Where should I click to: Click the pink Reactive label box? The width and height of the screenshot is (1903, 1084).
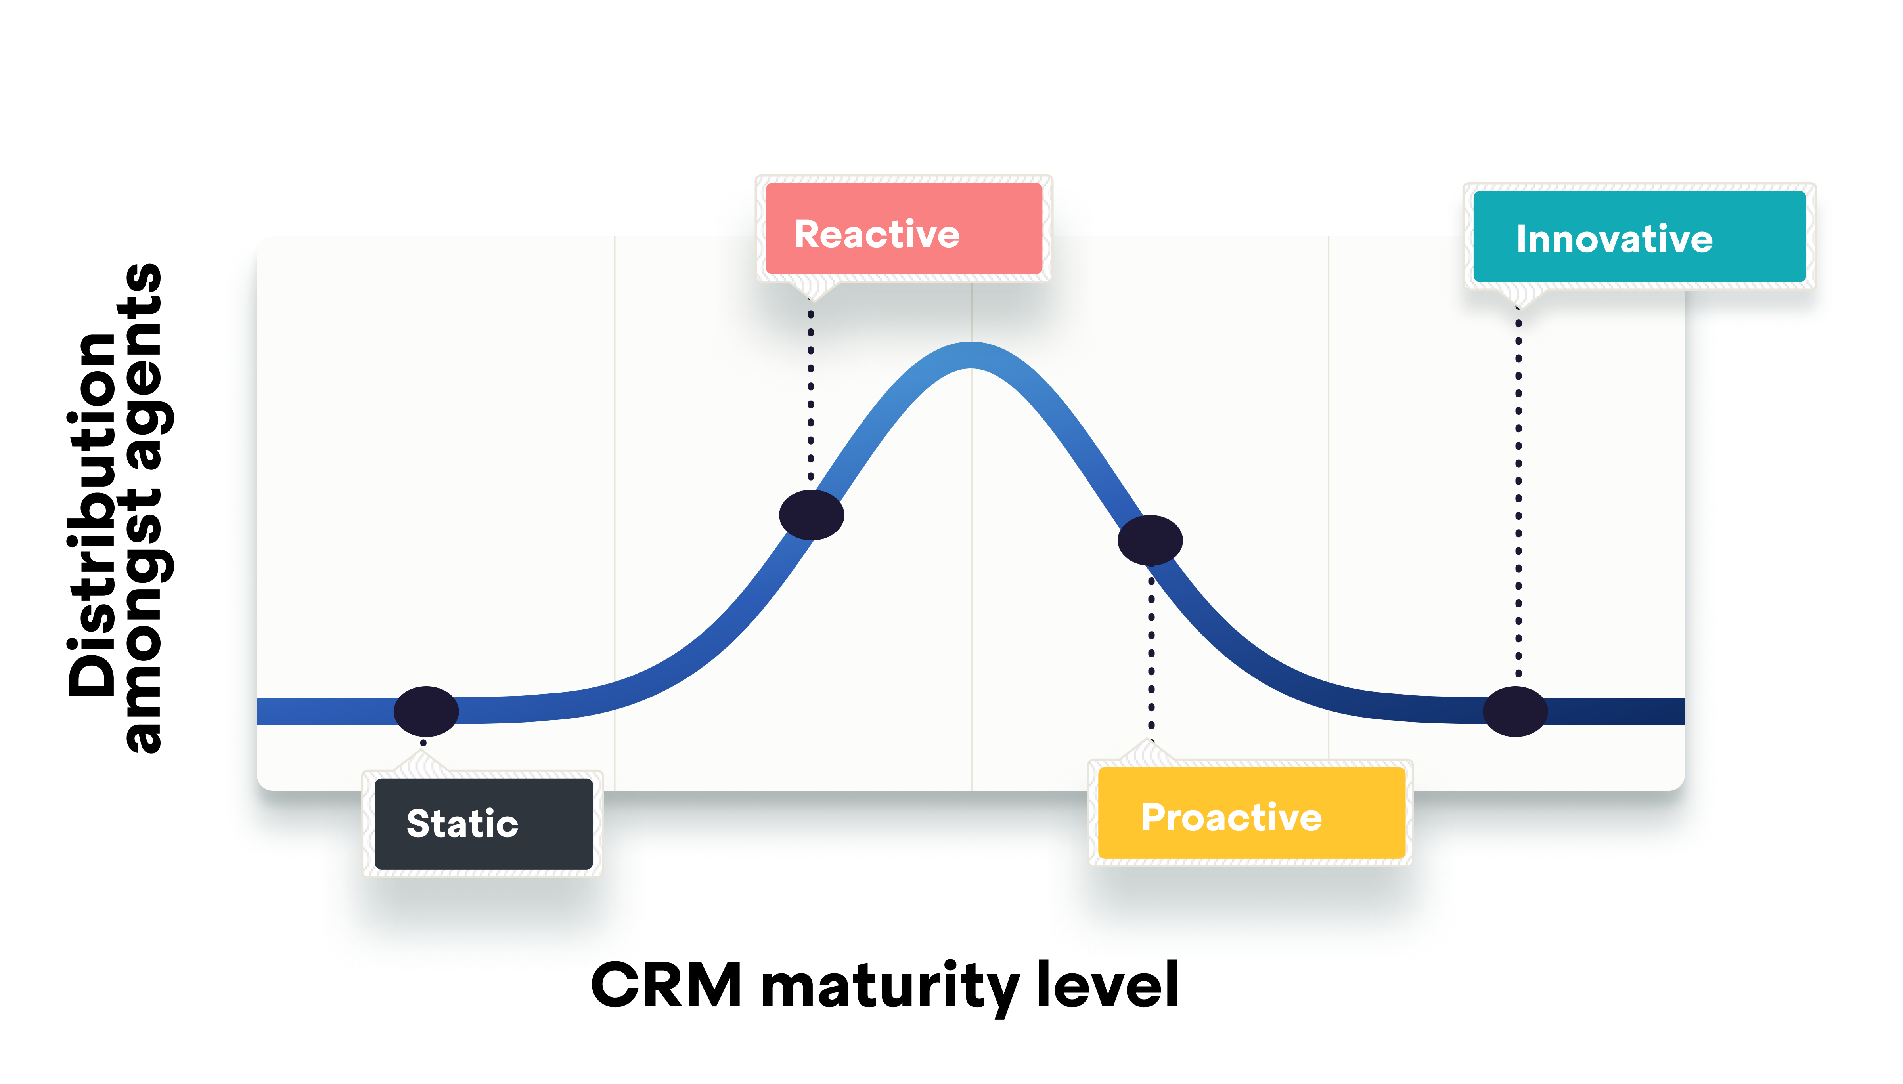(x=904, y=229)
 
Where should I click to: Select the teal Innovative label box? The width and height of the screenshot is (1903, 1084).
(x=1639, y=237)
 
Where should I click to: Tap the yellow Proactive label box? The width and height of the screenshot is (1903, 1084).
(x=1251, y=813)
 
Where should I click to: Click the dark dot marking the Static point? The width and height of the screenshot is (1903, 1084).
(x=426, y=711)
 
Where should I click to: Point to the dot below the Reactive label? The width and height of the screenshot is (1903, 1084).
(x=811, y=514)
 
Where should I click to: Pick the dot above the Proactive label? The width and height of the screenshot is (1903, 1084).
(x=1150, y=540)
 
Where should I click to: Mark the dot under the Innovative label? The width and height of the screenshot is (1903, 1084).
(x=1515, y=711)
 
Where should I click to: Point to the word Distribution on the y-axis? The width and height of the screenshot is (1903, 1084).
(x=93, y=514)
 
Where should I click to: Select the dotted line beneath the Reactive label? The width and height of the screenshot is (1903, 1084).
(x=811, y=395)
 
